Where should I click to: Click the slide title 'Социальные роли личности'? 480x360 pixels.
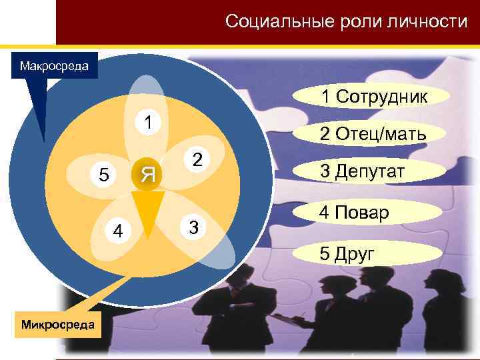coord(346,21)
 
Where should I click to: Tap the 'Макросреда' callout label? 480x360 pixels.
coord(59,67)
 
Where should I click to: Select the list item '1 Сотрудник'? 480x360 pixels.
coord(373,97)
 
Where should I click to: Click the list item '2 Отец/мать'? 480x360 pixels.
coord(372,135)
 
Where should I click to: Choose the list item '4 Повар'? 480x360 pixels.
coord(354,213)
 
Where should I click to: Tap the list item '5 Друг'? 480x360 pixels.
coord(346,253)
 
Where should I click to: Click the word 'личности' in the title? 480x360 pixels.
coord(428,21)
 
